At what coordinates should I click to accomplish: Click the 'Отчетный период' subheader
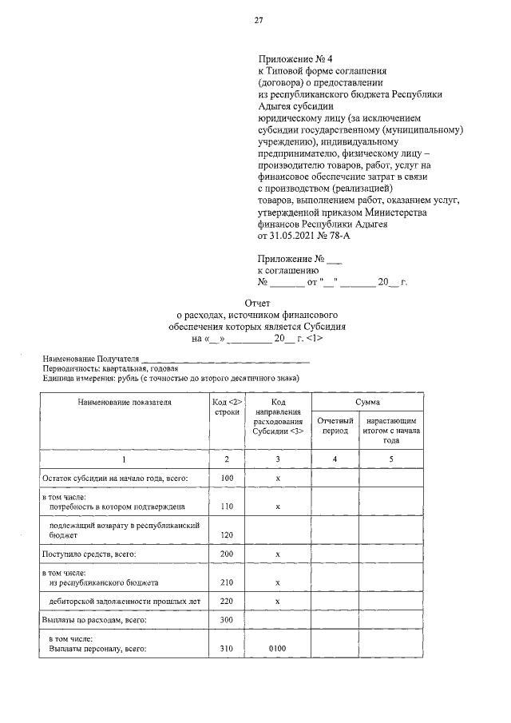(x=335, y=425)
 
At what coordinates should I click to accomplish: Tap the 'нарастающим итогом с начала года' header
(x=390, y=430)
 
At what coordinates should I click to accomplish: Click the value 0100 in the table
(x=277, y=650)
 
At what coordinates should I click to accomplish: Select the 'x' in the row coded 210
(x=277, y=582)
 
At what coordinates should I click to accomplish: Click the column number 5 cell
(x=390, y=459)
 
